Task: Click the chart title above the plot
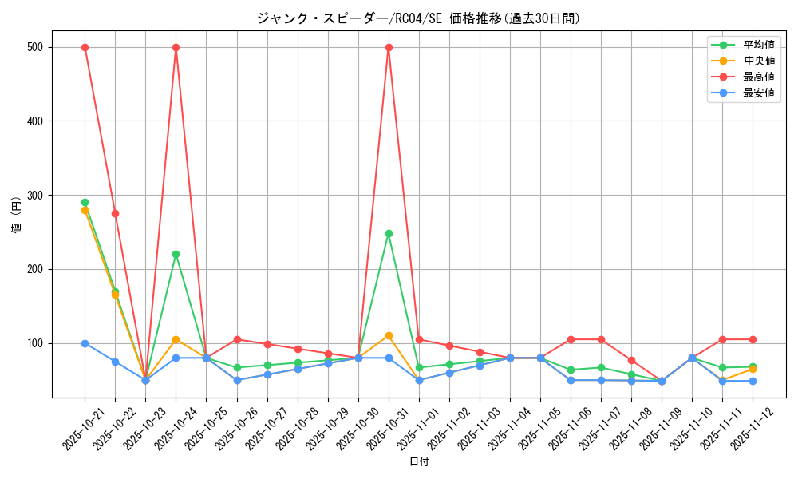point(418,18)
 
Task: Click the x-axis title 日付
point(419,462)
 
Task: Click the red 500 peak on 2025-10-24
point(176,47)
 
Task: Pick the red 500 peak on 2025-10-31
point(389,47)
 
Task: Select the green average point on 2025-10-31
point(389,233)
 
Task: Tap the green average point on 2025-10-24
point(176,254)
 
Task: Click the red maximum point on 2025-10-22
point(115,213)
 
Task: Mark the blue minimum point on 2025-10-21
point(85,343)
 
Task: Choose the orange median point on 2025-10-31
point(389,335)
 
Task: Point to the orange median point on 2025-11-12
point(753,369)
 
